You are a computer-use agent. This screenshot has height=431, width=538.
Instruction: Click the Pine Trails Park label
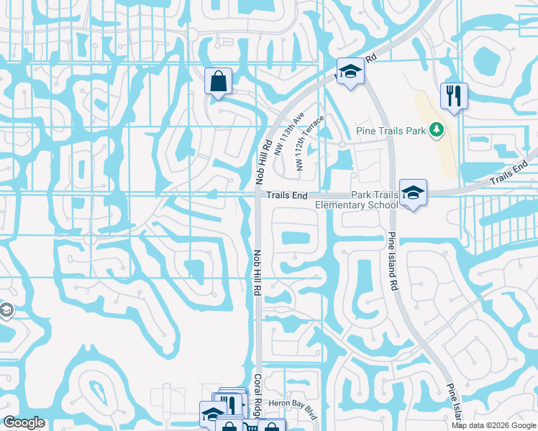point(391,131)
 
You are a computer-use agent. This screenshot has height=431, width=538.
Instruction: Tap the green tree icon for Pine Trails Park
point(435,130)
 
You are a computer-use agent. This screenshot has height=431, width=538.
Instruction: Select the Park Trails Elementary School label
point(357,200)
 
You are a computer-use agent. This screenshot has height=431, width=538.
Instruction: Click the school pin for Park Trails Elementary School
point(414,192)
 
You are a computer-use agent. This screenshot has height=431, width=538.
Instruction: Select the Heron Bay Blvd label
point(293,405)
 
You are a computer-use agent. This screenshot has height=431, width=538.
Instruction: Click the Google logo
point(24,422)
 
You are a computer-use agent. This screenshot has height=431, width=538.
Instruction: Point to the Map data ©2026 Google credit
point(493,425)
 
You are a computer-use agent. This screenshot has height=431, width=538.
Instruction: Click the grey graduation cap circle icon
point(6,310)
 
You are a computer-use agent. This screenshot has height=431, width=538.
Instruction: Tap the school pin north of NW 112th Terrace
point(350,70)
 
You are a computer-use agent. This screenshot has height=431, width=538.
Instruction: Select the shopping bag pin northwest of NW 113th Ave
point(218,80)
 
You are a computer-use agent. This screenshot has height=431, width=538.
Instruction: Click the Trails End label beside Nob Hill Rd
point(287,195)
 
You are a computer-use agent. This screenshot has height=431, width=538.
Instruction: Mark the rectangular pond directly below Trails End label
point(299,238)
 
